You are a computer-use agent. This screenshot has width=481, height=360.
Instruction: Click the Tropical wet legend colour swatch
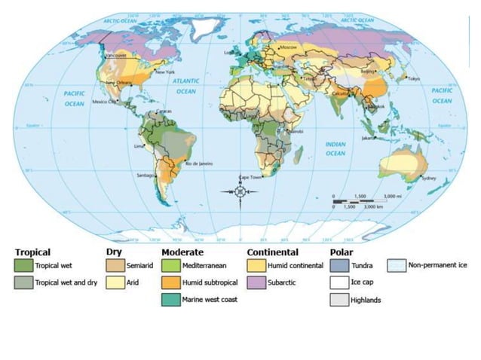(x=23, y=266)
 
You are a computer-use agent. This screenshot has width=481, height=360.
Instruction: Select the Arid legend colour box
(x=115, y=283)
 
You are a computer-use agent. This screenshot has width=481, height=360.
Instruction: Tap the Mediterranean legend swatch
(x=171, y=266)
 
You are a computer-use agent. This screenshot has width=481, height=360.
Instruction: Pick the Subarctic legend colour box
(x=256, y=283)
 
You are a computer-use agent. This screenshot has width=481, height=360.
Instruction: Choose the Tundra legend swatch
(x=340, y=266)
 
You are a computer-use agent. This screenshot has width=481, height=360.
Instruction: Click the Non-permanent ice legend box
(x=397, y=266)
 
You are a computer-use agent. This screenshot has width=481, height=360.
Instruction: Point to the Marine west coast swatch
(x=171, y=300)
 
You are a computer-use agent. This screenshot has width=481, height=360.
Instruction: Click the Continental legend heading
(x=272, y=252)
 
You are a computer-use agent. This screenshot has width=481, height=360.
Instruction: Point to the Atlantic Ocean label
(x=185, y=84)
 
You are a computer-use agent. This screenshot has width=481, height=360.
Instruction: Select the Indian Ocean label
(x=335, y=148)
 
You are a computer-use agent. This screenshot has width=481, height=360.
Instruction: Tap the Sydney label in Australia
(x=428, y=178)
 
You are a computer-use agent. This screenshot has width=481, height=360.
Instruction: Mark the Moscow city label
(x=289, y=48)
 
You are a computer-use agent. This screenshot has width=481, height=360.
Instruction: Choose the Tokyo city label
(x=414, y=78)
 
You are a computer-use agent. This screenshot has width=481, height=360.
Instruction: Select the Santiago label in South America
(x=145, y=175)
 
